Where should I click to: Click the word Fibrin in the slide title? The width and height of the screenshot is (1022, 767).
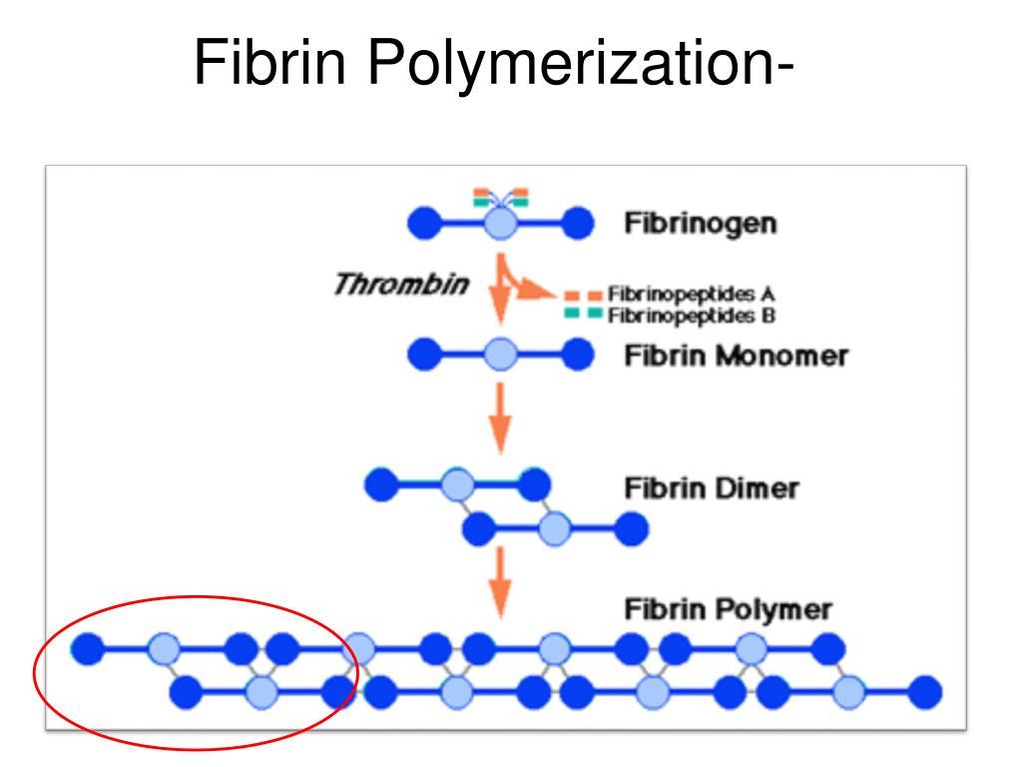269,62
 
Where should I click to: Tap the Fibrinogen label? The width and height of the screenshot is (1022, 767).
701,224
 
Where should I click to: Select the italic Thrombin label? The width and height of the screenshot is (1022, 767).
401,285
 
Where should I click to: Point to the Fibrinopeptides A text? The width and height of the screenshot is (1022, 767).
691,295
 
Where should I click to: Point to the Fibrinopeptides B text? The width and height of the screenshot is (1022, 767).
691,316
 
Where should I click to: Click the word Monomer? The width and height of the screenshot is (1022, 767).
782,357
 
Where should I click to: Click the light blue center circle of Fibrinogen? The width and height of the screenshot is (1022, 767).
501,224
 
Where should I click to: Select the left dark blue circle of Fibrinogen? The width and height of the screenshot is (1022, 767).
424,224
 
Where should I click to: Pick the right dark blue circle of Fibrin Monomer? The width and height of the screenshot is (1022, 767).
578,355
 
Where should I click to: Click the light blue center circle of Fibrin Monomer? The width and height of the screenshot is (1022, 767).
501,355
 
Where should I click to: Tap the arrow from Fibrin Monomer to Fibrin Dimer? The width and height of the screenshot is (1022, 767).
500,417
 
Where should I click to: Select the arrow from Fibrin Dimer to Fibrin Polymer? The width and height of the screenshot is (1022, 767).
500,582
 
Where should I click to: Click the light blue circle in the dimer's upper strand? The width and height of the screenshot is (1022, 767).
457,484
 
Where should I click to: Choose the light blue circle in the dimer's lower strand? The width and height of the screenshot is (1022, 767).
555,529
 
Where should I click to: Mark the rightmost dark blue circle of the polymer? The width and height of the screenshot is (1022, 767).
925,692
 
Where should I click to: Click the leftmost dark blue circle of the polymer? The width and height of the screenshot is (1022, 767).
88,648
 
